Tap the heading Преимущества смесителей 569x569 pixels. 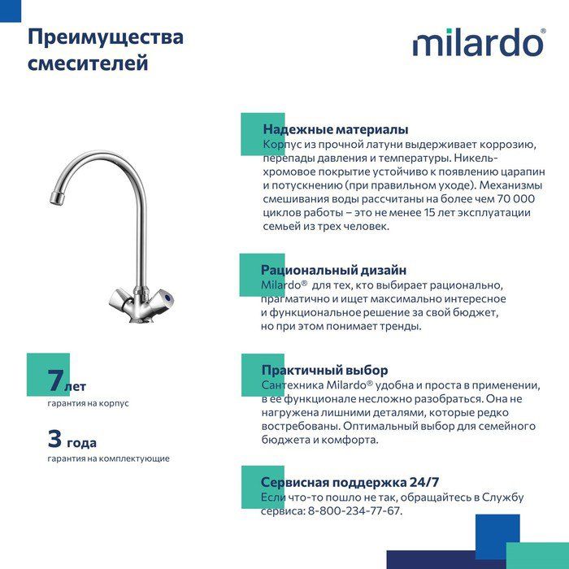(106, 50)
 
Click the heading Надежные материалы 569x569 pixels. (335, 129)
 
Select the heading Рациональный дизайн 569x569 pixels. (333, 270)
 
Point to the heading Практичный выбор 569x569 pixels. (324, 370)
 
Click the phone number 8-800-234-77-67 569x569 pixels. (354, 510)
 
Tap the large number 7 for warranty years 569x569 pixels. (54, 380)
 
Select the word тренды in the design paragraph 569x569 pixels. (402, 326)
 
